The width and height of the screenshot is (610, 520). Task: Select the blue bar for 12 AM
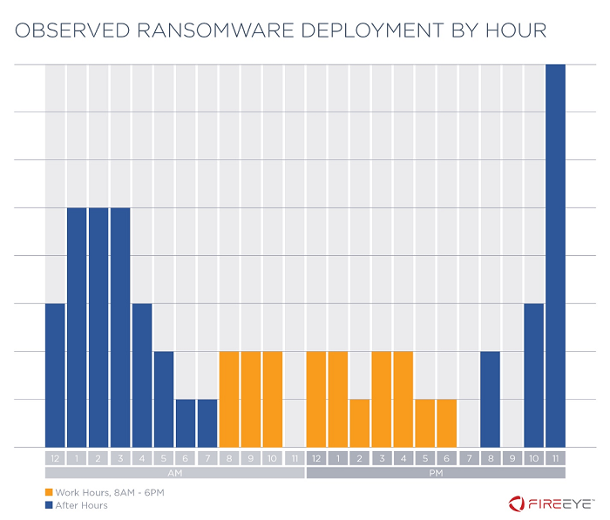point(55,375)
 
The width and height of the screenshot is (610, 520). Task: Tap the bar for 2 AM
point(98,328)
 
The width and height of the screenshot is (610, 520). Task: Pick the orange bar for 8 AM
point(229,399)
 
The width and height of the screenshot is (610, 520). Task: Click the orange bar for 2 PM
point(360,423)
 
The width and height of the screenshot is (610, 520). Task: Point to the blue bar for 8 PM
point(490,399)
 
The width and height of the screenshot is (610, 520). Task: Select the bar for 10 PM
point(533,375)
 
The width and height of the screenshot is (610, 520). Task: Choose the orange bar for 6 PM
point(446,423)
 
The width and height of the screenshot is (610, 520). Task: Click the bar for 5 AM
point(164,399)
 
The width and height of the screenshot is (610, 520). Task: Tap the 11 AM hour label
point(295,458)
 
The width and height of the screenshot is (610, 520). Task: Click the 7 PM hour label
point(468,458)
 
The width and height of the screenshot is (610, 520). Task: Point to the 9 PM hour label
point(512,458)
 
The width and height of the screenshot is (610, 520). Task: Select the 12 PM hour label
point(316,458)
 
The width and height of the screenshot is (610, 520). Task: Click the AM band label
point(174,473)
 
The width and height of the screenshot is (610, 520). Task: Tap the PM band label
point(436,473)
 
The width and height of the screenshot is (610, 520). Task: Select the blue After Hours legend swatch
point(49,505)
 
